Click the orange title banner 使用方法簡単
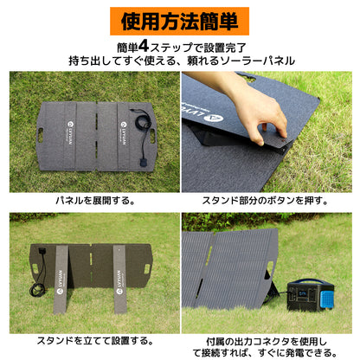click(180, 19)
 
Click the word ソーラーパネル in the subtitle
click(257, 61)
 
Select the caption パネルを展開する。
click(93, 200)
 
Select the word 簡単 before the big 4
click(132, 46)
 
